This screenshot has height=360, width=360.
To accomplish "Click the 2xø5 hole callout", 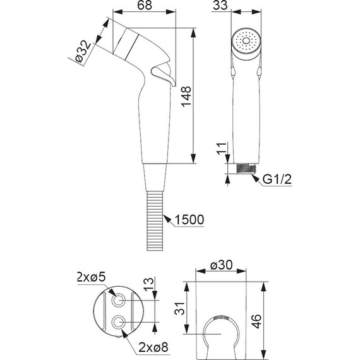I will click(x=90, y=277).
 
